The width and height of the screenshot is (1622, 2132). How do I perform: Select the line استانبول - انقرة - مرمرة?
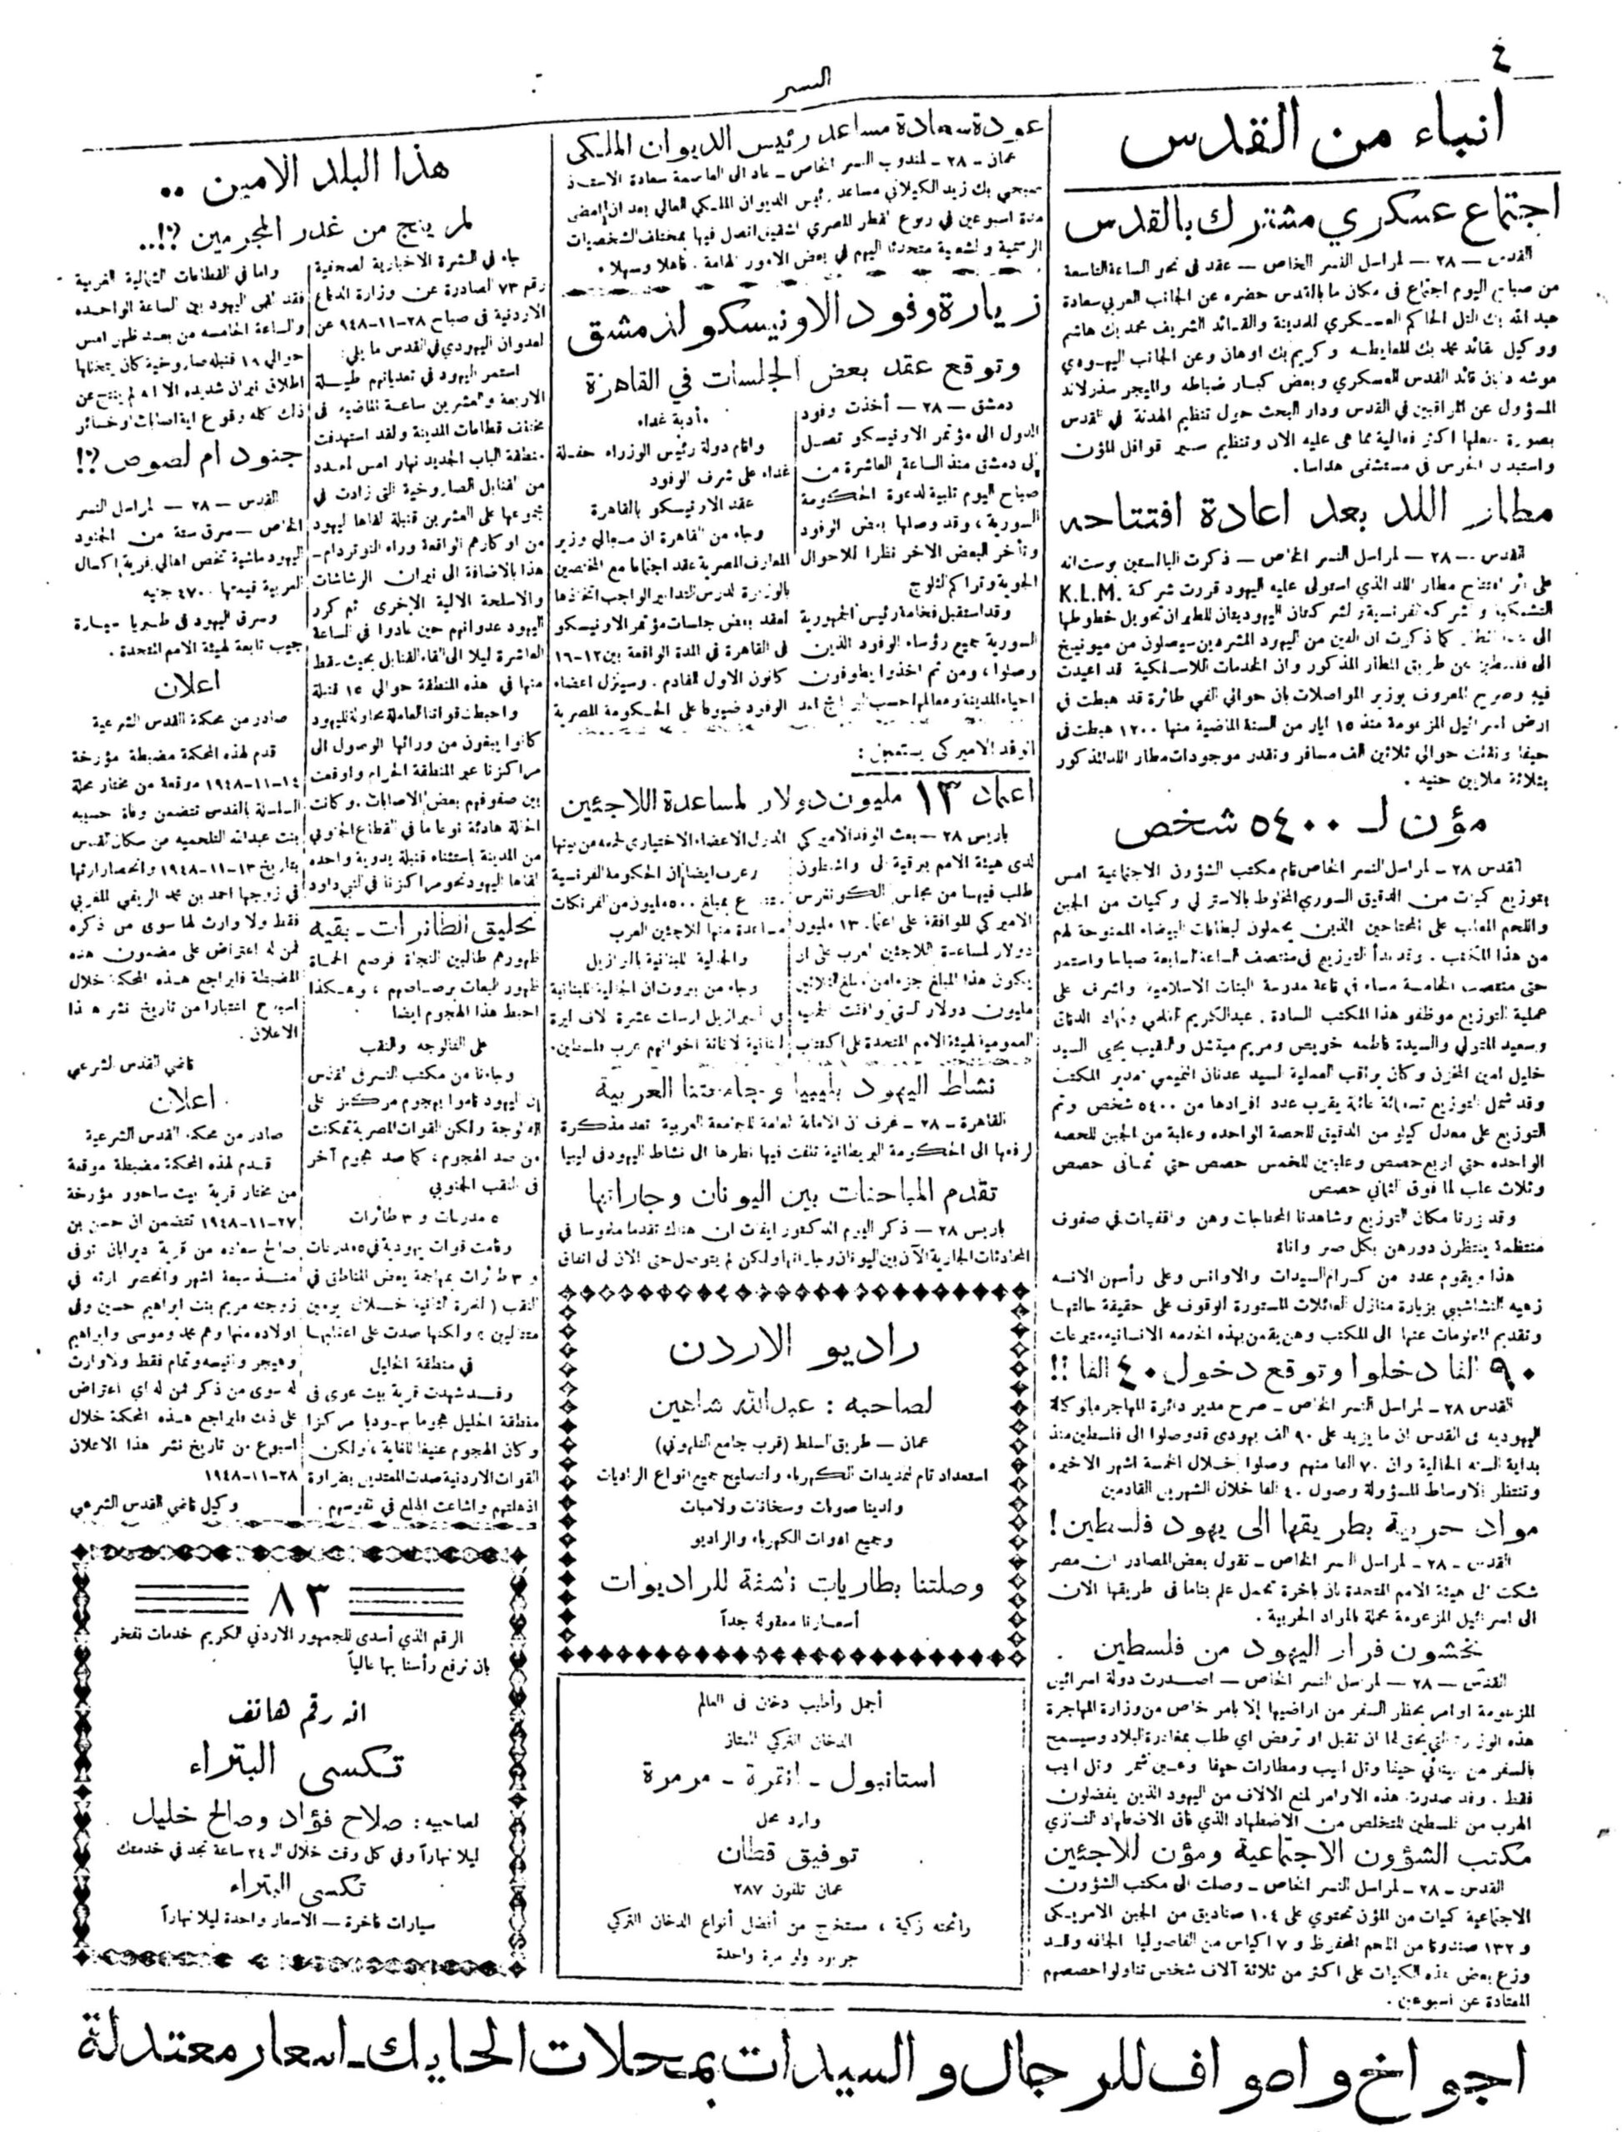pyautogui.click(x=791, y=1745)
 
